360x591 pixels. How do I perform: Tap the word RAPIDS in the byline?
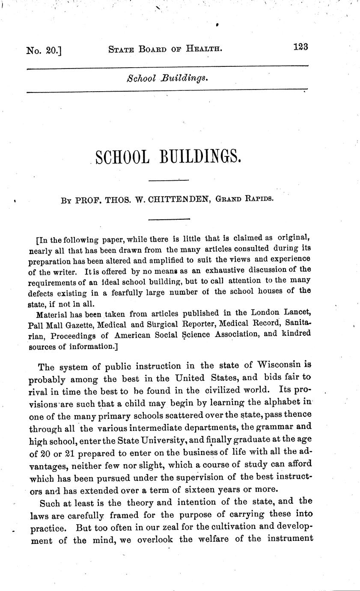[256, 200]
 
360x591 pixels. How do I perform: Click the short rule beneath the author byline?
[168, 219]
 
